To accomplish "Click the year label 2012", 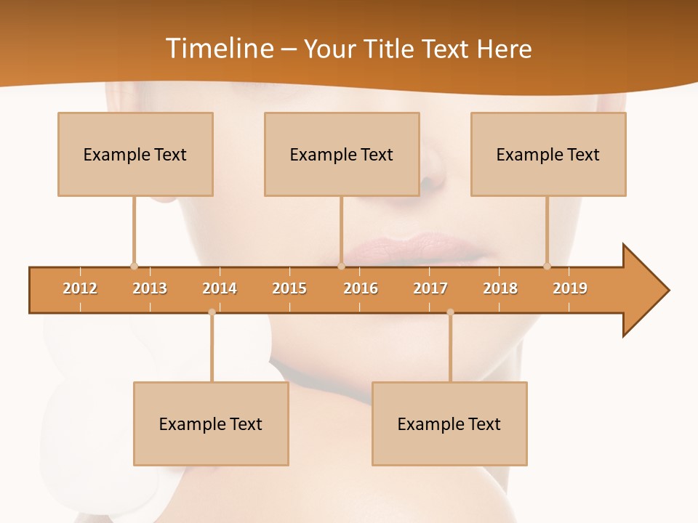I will click(x=80, y=288).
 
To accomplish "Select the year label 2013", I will click(x=150, y=288).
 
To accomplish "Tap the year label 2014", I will click(x=220, y=288).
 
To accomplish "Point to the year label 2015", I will click(x=289, y=288).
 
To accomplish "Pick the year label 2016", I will click(x=361, y=288).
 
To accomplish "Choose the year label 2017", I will click(x=430, y=288).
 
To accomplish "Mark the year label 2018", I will click(x=500, y=288).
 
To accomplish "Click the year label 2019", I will click(x=570, y=288).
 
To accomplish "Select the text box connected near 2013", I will click(x=135, y=154).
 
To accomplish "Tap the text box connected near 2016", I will click(x=342, y=154).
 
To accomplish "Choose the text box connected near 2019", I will click(x=548, y=154).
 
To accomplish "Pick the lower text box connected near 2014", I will click(x=211, y=423).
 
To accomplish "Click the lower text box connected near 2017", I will click(x=449, y=423).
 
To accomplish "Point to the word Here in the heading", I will click(x=504, y=49).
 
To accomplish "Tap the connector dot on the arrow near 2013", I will click(x=134, y=266).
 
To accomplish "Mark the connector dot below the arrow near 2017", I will click(x=450, y=312).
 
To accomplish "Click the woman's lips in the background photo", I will click(x=414, y=249).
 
